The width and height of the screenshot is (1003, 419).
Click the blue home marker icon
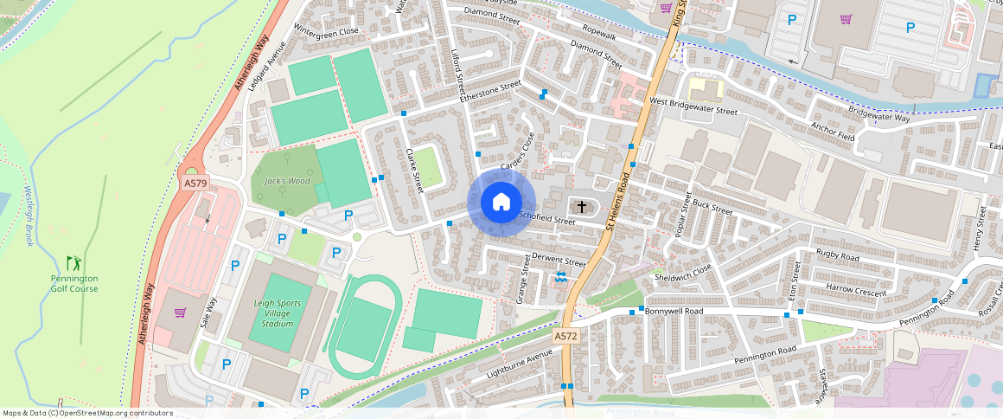click(x=501, y=203)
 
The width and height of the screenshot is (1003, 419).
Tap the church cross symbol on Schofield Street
click(x=582, y=207)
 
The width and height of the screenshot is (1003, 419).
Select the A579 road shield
click(x=195, y=184)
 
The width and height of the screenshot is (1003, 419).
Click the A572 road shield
click(x=565, y=336)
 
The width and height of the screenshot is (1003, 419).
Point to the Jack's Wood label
click(x=286, y=181)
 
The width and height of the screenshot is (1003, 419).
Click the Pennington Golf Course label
click(x=74, y=283)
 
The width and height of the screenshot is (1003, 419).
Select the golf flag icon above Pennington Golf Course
click(x=73, y=261)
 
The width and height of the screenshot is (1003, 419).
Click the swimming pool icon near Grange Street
click(x=561, y=277)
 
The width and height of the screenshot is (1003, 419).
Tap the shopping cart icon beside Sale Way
click(x=180, y=313)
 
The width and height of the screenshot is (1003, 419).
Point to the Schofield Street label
click(x=546, y=220)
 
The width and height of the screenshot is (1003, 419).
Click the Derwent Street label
click(x=559, y=260)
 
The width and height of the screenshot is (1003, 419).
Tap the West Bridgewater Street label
click(x=693, y=106)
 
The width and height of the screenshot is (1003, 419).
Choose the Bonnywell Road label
click(x=674, y=310)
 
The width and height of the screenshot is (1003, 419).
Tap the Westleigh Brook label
click(x=28, y=216)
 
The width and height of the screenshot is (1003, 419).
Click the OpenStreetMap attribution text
click(x=87, y=413)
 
